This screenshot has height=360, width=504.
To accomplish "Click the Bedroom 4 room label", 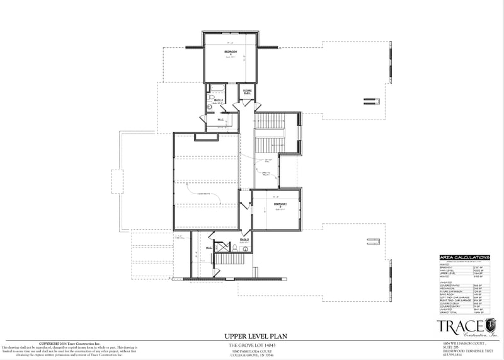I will coord(230,52).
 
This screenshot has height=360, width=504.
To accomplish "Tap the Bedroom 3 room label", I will coord(280,206).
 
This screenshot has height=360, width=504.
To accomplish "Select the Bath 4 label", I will coord(219,100).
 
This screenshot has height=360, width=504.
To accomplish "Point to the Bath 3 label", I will coord(244,240).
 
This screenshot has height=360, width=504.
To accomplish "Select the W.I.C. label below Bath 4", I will coord(221,120).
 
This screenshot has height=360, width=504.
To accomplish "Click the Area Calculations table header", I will coord(464,257).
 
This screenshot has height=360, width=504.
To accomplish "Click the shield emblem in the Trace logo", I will coord(490,325).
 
